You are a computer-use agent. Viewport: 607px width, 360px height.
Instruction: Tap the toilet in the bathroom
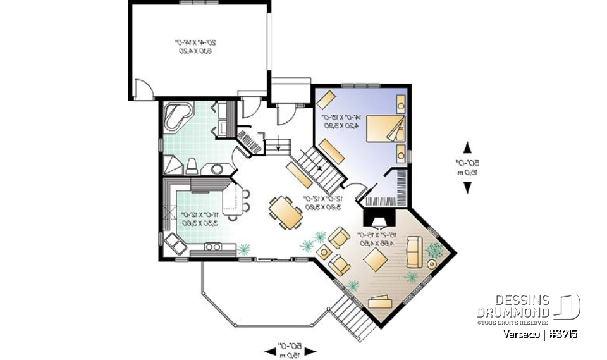coord(193,166)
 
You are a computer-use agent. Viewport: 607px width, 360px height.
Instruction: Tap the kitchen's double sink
coord(212,247)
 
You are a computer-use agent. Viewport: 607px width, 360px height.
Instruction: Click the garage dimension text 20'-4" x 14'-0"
coord(195,46)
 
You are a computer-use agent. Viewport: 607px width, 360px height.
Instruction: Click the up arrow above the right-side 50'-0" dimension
coord(467,148)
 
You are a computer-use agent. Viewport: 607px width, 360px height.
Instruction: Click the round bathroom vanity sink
coord(217,169)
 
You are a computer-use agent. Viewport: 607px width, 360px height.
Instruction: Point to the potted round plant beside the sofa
coord(434,251)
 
